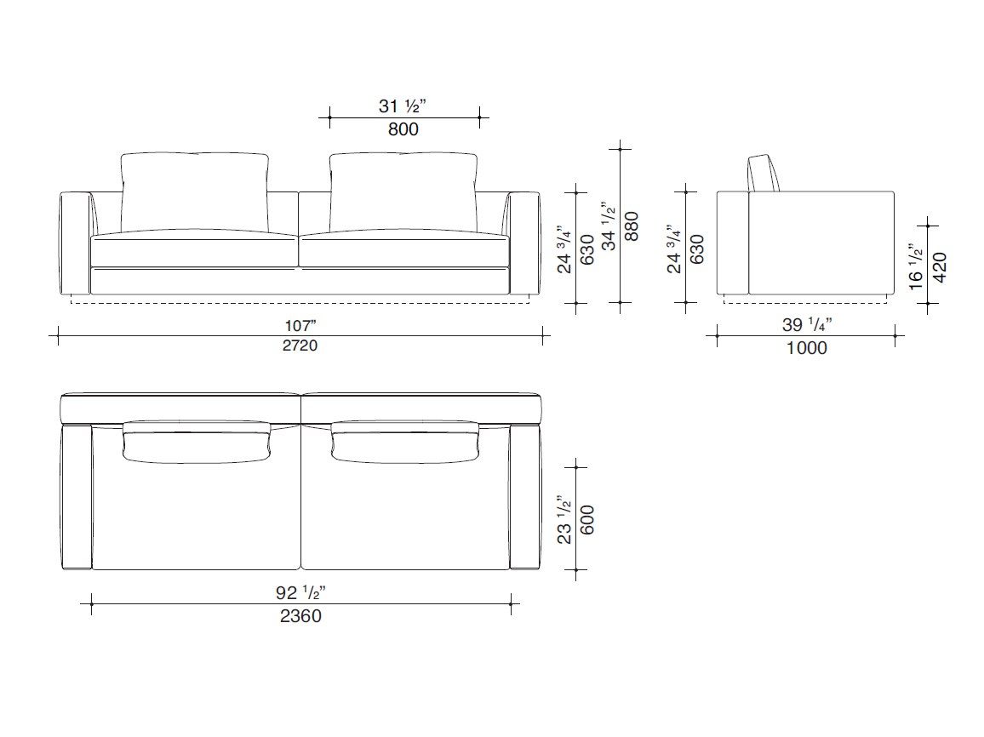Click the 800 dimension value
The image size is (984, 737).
[403, 129]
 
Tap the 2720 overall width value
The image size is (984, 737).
[300, 346]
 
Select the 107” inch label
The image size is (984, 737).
[300, 326]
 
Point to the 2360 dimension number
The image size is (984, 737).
[300, 616]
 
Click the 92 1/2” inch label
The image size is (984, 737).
[300, 592]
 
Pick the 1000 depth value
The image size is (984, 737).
[806, 348]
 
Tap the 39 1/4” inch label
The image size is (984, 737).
[807, 325]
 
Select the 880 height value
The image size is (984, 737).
[632, 226]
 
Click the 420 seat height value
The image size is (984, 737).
[940, 267]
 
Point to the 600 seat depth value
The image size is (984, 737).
[587, 520]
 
